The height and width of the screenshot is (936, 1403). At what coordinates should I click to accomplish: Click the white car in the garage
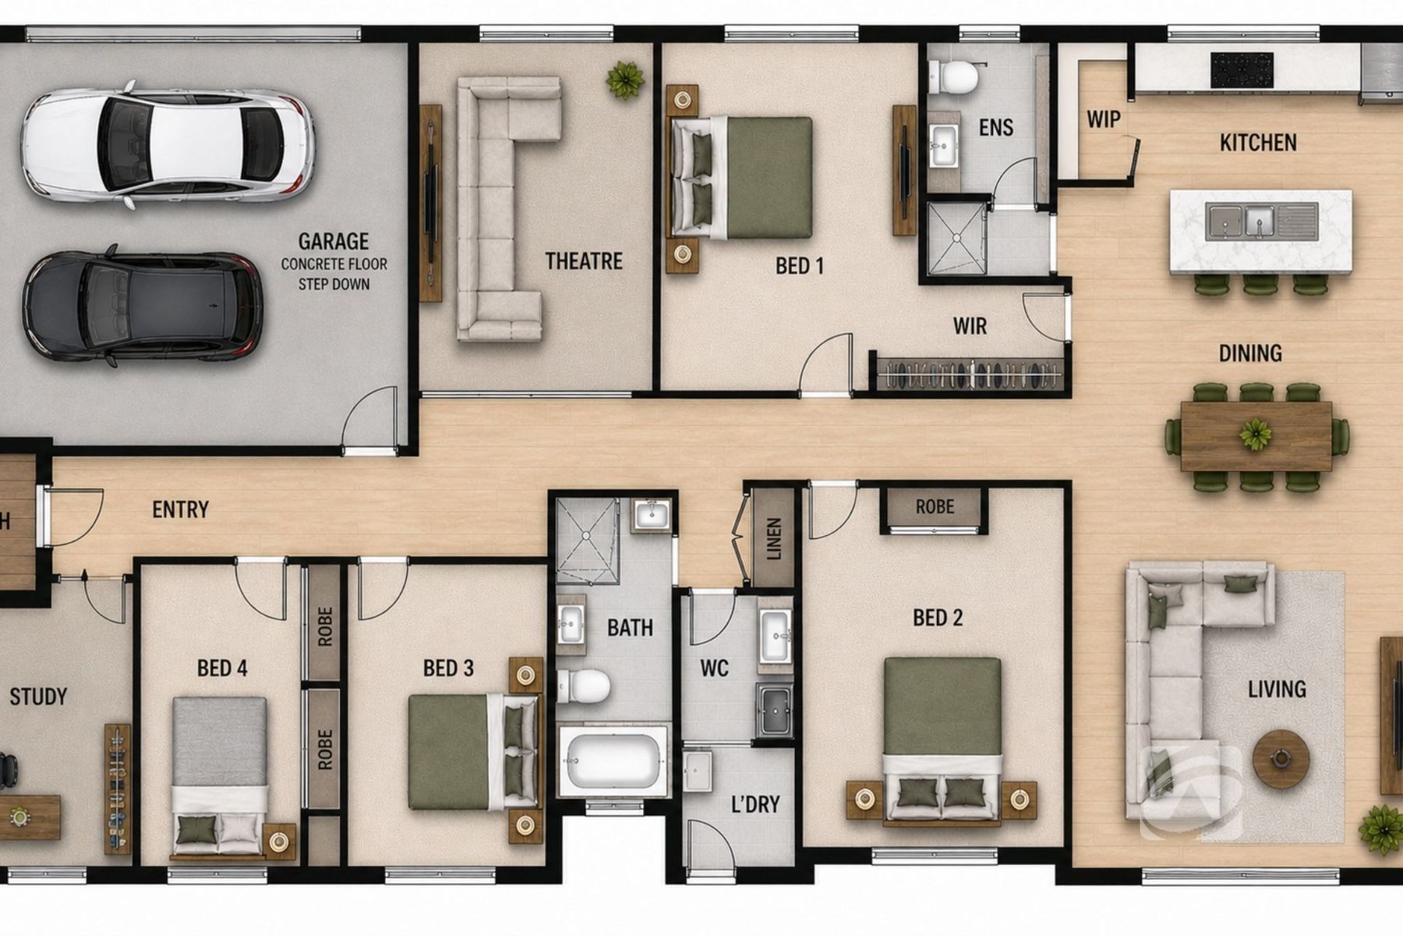tap(168, 146)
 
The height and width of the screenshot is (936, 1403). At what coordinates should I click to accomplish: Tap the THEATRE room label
tap(584, 261)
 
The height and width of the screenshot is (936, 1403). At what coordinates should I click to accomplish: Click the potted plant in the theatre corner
tap(625, 80)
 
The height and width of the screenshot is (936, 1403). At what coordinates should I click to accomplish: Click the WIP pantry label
tap(1104, 119)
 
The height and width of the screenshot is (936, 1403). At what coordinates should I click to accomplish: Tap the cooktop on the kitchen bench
tap(1242, 69)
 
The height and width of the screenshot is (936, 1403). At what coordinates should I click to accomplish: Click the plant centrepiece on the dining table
tap(1256, 434)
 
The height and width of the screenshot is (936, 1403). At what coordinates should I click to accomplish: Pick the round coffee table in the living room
tap(1281, 757)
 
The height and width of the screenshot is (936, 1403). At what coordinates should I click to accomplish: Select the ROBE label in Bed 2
tap(935, 507)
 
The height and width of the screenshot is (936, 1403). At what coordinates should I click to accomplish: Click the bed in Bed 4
tap(220, 777)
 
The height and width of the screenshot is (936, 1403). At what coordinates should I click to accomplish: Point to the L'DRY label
tap(755, 804)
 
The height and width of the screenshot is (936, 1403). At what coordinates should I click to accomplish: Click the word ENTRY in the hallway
tap(180, 510)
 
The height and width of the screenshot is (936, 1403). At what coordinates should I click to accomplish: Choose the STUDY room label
tap(38, 697)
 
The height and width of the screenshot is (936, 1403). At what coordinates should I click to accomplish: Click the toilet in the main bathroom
tap(584, 686)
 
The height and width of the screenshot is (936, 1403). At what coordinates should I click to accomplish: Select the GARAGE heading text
tap(334, 242)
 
